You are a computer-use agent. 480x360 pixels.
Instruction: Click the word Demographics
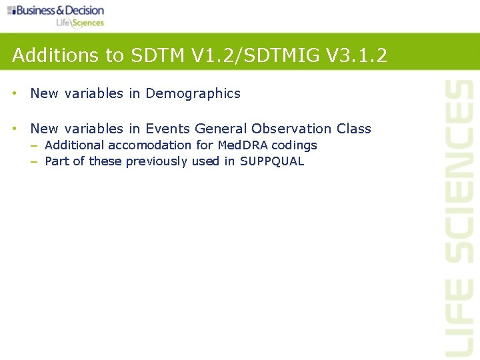pyautogui.click(x=193, y=94)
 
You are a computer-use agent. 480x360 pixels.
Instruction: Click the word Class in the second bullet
pyautogui.click(x=354, y=129)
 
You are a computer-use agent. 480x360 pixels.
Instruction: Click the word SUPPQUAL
pyautogui.click(x=272, y=161)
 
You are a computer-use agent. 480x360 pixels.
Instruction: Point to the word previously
pyautogui.click(x=157, y=161)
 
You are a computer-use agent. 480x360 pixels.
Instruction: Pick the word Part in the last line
pyautogui.click(x=57, y=161)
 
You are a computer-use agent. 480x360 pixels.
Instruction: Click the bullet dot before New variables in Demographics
pyautogui.click(x=14, y=94)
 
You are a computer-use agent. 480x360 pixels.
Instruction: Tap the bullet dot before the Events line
pyautogui.click(x=14, y=129)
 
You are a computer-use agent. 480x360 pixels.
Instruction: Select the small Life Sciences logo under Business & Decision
pyautogui.click(x=80, y=23)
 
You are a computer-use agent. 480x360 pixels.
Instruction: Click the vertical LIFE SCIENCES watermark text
pyautogui.click(x=459, y=217)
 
